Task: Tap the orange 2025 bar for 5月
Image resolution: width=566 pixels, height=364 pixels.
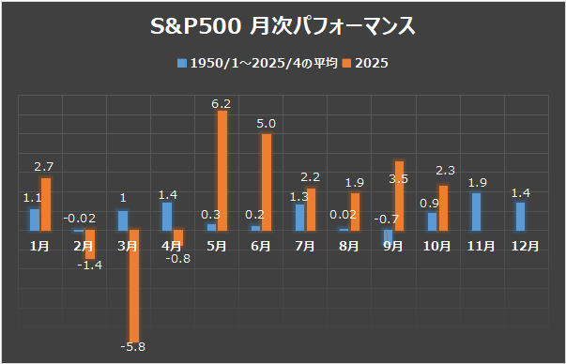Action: (222, 170)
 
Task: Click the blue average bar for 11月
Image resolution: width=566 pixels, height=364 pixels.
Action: (476, 211)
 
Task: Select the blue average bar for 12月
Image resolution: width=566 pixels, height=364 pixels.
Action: (520, 216)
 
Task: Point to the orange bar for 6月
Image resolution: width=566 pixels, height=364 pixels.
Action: (267, 182)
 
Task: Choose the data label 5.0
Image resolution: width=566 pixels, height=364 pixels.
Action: (267, 123)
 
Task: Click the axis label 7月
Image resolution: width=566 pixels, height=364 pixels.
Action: (305, 246)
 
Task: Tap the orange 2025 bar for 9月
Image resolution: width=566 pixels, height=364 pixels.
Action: (399, 195)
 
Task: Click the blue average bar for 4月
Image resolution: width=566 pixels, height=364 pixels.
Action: (167, 216)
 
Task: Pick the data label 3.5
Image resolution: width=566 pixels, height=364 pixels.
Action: (397, 177)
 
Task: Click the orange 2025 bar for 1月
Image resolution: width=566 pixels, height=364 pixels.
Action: (46, 204)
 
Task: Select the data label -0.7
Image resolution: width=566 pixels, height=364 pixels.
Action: (383, 220)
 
